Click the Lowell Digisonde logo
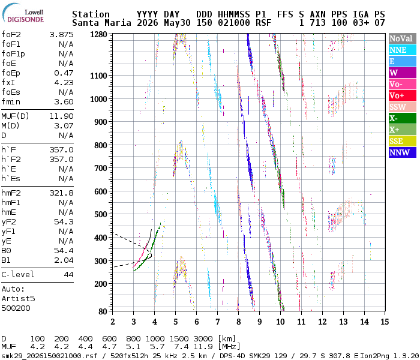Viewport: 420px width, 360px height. [23, 13]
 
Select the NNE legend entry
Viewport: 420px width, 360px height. [403, 50]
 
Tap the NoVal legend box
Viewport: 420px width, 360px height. [403, 38]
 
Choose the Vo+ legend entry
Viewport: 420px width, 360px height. [403, 95]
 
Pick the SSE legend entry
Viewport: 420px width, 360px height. [403, 141]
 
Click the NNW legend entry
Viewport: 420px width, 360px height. [403, 152]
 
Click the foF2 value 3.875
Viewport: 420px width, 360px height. [61, 35]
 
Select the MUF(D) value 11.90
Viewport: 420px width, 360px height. [61, 116]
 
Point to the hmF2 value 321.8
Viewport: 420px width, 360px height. [61, 193]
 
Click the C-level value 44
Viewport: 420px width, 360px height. [68, 275]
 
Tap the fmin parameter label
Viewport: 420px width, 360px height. [11, 102]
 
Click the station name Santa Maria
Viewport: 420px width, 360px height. [101, 23]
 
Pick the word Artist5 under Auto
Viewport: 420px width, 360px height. [18, 298]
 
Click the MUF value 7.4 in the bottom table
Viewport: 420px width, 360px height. [181, 347]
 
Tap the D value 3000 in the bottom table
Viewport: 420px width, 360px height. [203, 338]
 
